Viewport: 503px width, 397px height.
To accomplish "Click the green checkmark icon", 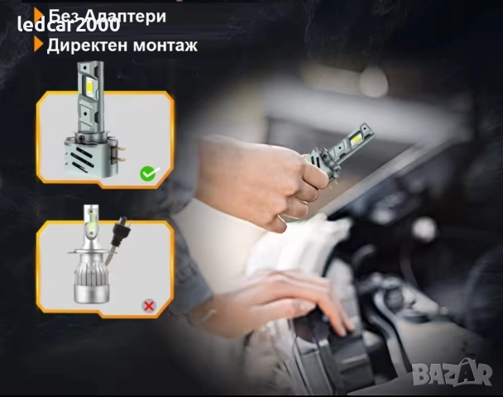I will pos(149,174).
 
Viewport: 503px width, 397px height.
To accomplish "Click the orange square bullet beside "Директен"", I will pos(39,45).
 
